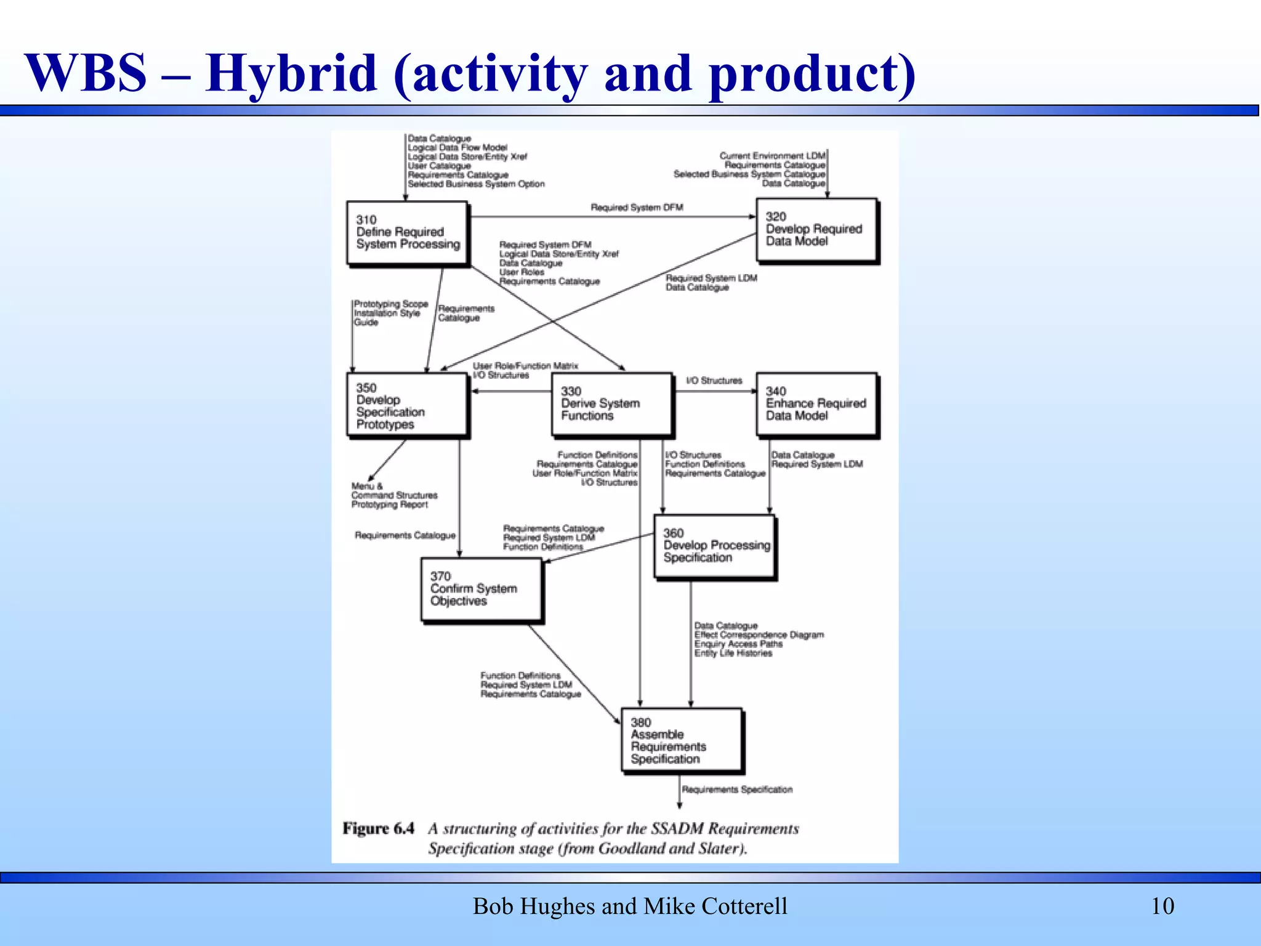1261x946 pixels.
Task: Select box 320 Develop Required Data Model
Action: (x=816, y=230)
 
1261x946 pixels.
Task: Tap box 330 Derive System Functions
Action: (x=611, y=404)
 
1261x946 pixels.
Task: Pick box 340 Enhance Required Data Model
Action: (x=816, y=404)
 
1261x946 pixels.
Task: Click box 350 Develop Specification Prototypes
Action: (x=407, y=405)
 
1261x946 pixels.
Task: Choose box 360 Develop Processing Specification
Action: (x=715, y=546)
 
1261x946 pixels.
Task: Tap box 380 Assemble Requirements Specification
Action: (x=682, y=740)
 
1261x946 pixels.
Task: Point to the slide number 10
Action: (x=1162, y=906)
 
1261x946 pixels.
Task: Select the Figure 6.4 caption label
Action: (x=378, y=828)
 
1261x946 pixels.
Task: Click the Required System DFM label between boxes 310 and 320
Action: (x=637, y=208)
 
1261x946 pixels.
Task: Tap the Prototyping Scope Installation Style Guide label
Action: (x=390, y=313)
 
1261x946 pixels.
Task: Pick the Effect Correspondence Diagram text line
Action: (x=759, y=634)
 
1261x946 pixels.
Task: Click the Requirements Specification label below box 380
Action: (x=737, y=790)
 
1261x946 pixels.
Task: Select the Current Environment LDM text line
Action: (x=772, y=156)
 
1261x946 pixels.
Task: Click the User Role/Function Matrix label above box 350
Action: (x=525, y=366)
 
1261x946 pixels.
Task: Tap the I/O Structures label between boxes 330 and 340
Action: (x=714, y=381)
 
